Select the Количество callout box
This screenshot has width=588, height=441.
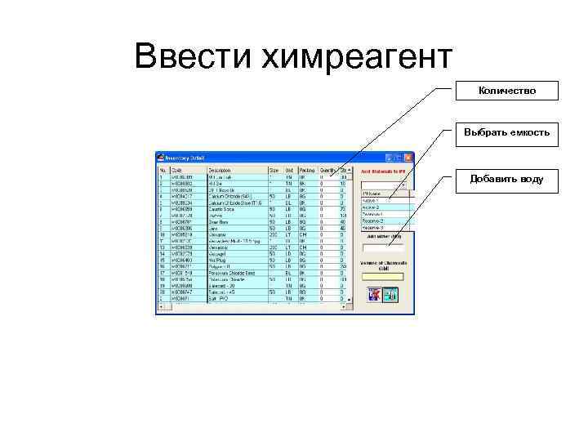point(506,90)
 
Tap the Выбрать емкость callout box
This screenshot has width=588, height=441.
point(506,132)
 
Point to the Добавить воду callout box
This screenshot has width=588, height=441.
point(506,178)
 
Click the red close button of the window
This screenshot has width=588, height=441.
point(409,158)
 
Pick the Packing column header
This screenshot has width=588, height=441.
point(306,170)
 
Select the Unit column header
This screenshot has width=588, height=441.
point(289,170)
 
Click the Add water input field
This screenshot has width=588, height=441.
point(383,247)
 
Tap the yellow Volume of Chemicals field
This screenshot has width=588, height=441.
point(383,276)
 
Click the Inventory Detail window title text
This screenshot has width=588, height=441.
point(189,158)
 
